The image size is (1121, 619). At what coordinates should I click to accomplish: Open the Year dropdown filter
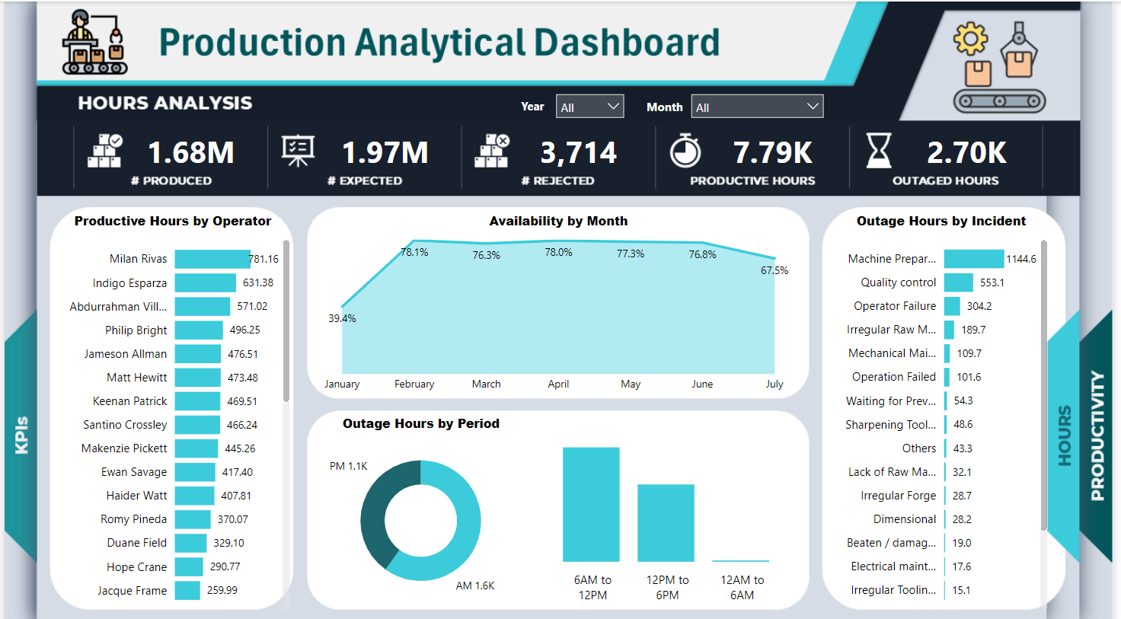[589, 107]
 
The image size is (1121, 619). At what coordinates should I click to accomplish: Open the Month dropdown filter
[756, 107]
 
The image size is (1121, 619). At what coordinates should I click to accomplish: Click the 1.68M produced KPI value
[190, 153]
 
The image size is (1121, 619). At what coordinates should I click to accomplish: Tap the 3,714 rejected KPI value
[578, 153]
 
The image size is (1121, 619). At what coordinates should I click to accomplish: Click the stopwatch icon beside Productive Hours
[685, 150]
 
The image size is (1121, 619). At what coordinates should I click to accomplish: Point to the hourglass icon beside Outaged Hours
[878, 150]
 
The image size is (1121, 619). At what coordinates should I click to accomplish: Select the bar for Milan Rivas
[212, 259]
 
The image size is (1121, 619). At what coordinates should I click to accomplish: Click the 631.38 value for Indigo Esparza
[257, 282]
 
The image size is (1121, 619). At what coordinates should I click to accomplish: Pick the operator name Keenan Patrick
[129, 401]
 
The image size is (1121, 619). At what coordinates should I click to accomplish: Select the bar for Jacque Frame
[187, 590]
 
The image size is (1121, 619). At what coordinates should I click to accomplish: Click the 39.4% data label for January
[342, 318]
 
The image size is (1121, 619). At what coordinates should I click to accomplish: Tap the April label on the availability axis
[558, 384]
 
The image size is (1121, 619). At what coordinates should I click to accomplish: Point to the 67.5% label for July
[774, 270]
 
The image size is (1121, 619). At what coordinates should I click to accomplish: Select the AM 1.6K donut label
[475, 585]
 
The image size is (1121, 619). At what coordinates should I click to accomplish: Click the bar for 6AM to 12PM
[591, 504]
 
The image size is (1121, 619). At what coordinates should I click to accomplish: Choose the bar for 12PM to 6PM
[666, 523]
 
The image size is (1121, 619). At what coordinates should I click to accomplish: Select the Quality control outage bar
[958, 282]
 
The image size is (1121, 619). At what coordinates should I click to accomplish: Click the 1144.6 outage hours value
[1020, 259]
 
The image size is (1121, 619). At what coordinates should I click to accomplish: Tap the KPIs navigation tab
[21, 435]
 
